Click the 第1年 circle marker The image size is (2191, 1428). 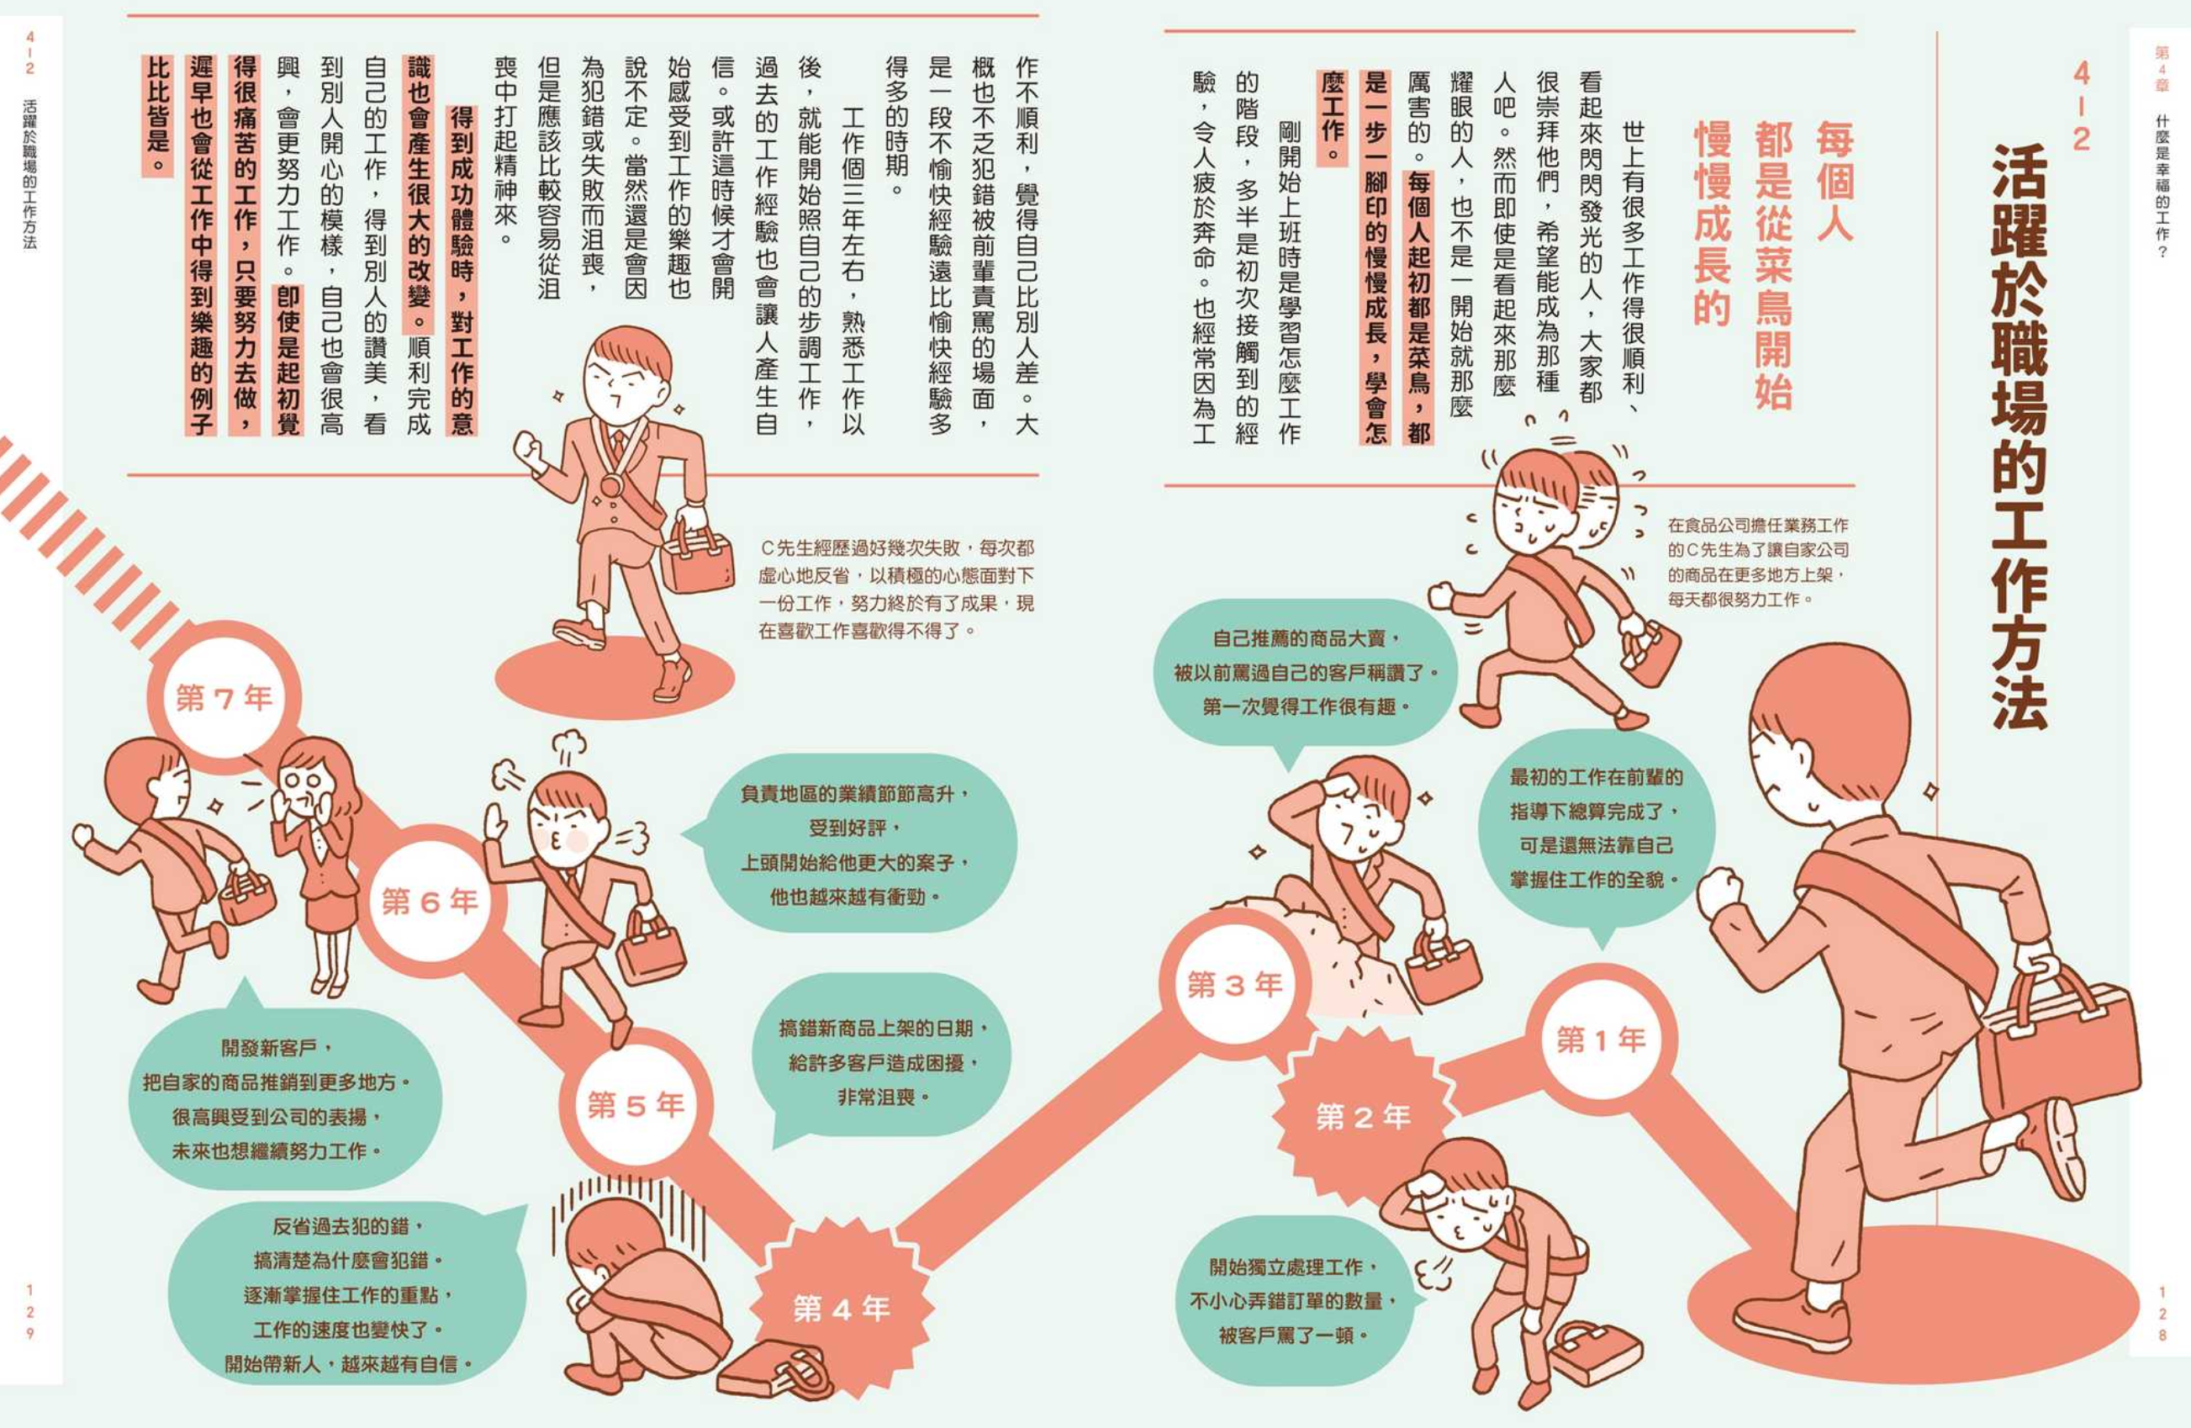coord(1601,1039)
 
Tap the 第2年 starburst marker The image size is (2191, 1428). coord(1364,1117)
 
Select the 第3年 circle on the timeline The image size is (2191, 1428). coord(1235,984)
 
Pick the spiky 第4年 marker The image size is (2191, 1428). coord(842,1309)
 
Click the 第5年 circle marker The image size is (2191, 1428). coord(636,1105)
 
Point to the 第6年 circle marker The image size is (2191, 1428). coord(430,902)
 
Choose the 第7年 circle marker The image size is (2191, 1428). coord(224,698)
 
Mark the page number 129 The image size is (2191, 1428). coord(29,1313)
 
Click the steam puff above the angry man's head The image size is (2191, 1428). coord(569,744)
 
